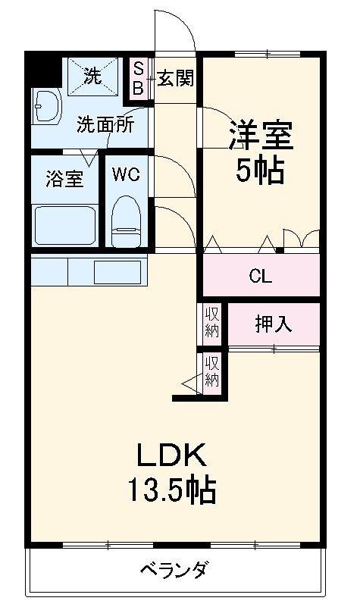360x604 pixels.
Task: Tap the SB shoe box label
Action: click(x=138, y=78)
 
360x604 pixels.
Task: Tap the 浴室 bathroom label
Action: click(x=64, y=179)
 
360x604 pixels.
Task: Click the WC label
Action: click(x=126, y=175)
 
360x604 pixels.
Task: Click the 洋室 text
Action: click(x=261, y=136)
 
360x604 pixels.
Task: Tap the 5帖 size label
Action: click(x=259, y=172)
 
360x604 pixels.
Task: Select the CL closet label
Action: click(x=260, y=277)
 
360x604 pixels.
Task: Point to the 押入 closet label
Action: click(x=273, y=324)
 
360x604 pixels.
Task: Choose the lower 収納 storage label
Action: click(x=211, y=371)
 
